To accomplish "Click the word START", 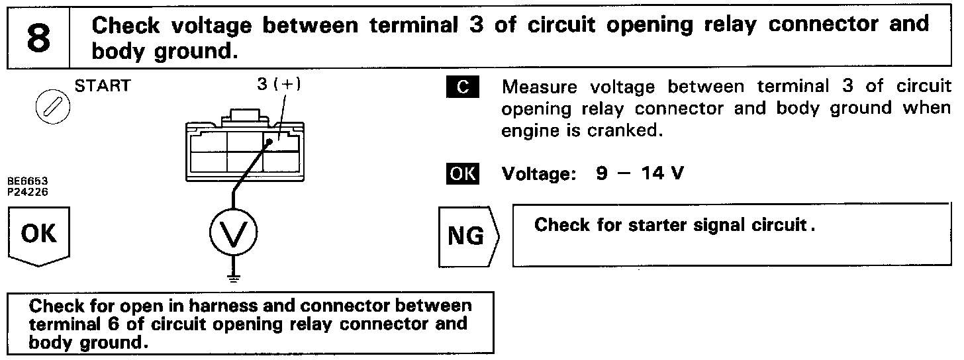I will (x=103, y=85).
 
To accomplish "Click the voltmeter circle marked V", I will (x=233, y=232).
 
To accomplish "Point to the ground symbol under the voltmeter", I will (x=233, y=278).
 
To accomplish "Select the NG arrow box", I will (x=467, y=236).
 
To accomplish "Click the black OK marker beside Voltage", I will (x=462, y=173).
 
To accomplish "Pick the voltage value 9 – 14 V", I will (x=640, y=173).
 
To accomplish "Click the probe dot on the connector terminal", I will (x=270, y=141).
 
